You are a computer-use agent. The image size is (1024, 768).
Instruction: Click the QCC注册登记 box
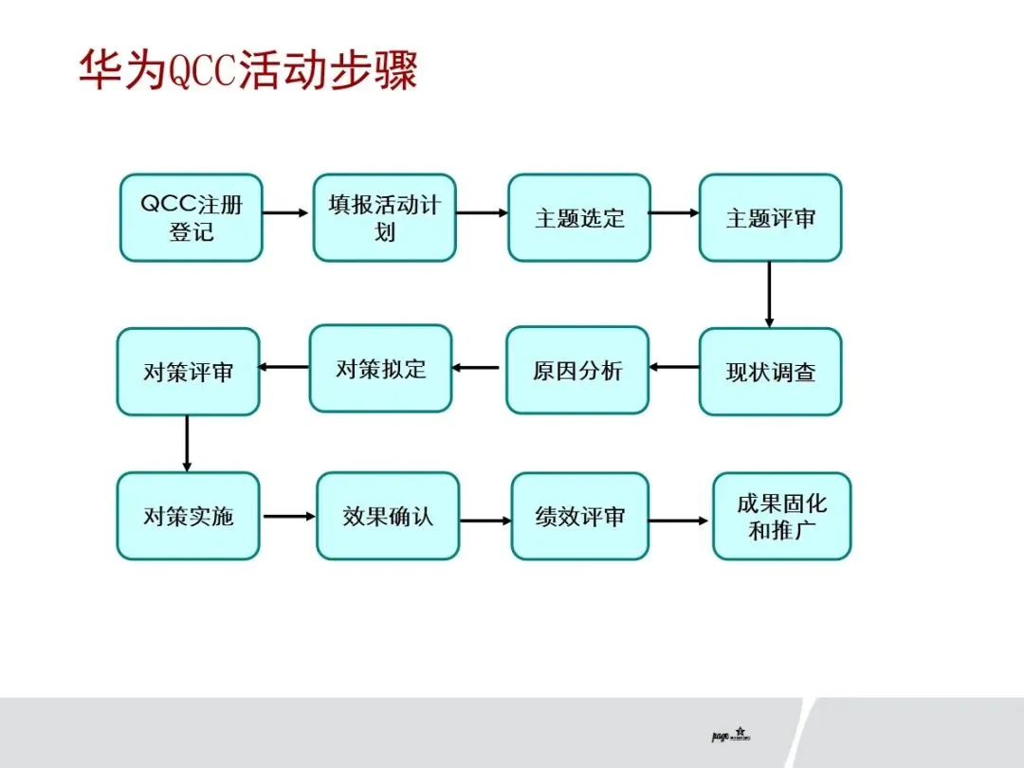coord(191,217)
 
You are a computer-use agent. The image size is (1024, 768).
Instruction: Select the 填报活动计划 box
coord(384,217)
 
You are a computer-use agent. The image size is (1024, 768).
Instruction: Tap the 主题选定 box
coord(578,217)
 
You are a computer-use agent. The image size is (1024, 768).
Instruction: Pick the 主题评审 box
coord(770,217)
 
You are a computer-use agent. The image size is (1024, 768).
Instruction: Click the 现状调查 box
coord(770,372)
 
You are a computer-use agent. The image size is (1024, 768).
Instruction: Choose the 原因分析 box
coord(576,370)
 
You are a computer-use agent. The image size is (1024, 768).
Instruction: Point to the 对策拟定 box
coord(380,368)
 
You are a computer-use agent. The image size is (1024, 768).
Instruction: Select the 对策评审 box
coord(188,372)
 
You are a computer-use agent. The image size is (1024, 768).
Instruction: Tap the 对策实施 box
coord(188,516)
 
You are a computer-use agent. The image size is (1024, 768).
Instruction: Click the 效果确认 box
coord(387,516)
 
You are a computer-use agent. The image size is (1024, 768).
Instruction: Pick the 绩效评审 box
coord(579,517)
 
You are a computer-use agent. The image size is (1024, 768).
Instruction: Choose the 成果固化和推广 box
coord(781,516)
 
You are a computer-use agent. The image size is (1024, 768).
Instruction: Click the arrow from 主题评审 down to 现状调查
coord(769,294)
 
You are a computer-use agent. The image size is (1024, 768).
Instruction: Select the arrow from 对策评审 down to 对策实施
coord(187,443)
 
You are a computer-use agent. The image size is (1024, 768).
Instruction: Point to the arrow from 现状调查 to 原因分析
coord(674,367)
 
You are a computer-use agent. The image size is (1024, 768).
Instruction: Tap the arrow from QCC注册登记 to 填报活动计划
coord(286,212)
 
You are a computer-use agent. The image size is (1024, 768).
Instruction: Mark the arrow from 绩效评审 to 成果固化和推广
coord(679,520)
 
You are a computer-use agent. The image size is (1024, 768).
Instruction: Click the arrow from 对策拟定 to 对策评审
coord(284,367)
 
